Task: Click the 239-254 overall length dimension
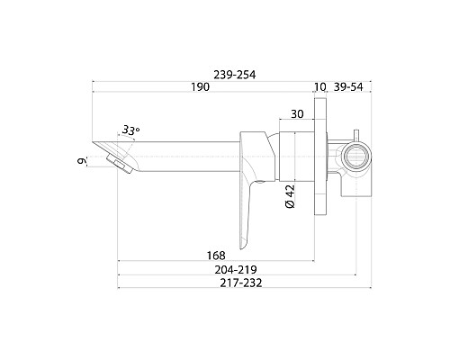coord(235,75)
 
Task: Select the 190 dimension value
coord(200,87)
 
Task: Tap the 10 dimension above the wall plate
coord(320,87)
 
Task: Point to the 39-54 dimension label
coord(348,87)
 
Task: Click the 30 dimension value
coord(297,114)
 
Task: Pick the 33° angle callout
coord(130,130)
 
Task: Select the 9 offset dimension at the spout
coord(81,161)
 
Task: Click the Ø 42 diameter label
coord(290,196)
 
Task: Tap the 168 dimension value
coord(216,256)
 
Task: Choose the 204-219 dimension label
coord(236,270)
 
